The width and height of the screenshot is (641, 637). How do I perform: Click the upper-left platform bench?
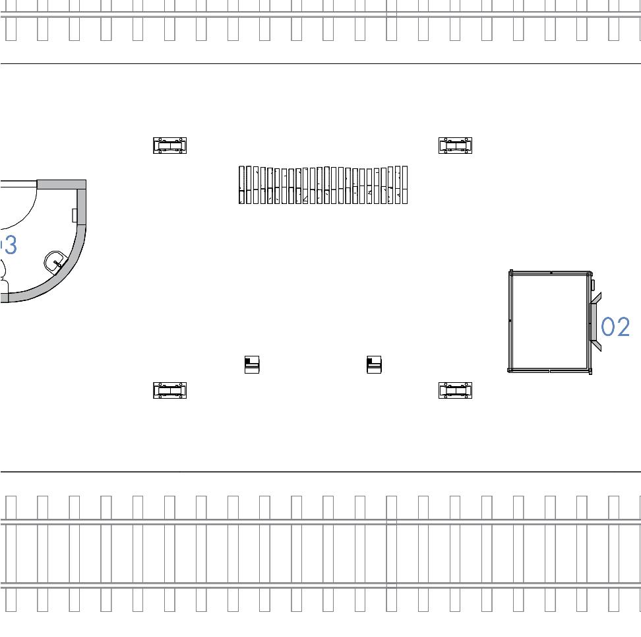click(170, 146)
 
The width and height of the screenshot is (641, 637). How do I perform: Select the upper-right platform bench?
click(456, 146)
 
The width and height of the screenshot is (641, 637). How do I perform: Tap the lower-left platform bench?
click(170, 391)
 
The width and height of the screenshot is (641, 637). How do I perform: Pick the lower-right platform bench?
click(456, 391)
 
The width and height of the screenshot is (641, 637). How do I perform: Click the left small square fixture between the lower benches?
click(252, 364)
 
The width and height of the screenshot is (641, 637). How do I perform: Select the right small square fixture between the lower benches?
click(375, 364)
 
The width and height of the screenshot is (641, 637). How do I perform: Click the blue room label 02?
click(616, 327)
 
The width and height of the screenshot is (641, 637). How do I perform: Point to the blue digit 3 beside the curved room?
click(9, 245)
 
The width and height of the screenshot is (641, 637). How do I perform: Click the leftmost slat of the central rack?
click(241, 185)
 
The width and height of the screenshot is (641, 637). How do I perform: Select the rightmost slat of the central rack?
click(405, 185)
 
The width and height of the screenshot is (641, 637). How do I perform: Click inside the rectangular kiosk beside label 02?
click(549, 321)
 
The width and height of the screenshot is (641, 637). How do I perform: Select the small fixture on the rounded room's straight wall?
click(75, 215)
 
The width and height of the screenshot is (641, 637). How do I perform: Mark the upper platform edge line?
click(320, 64)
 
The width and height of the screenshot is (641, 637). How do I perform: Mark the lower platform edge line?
click(320, 472)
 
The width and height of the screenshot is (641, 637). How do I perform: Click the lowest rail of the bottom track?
click(320, 586)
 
